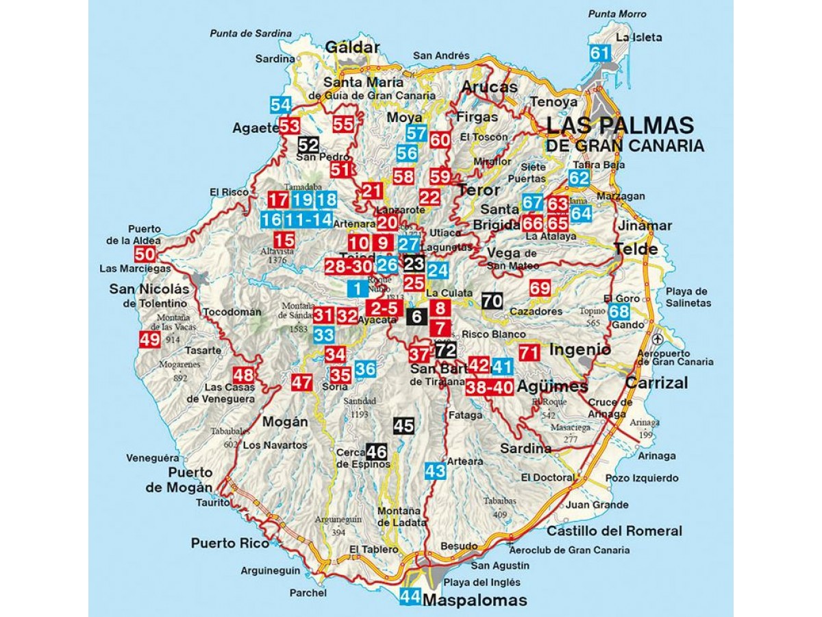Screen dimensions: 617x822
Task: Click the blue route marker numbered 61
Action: point(600,54)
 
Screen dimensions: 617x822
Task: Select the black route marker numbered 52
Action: point(308,145)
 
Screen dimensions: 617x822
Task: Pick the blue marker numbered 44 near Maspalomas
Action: point(410,596)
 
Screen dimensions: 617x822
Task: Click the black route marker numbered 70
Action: point(492,301)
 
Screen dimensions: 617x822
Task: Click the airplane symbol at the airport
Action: point(658,339)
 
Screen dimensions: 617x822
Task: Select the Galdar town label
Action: point(352,47)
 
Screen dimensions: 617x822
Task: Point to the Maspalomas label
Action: point(475,601)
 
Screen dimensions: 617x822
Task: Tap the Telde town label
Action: point(636,249)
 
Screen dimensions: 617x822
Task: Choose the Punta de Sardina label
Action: point(251,33)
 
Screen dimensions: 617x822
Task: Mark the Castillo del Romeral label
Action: point(614,531)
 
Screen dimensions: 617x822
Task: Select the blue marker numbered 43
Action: point(435,470)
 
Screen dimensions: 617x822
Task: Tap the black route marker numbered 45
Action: point(403,426)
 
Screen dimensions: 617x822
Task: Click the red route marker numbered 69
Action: point(540,289)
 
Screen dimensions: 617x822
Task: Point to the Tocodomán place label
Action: point(233,312)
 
